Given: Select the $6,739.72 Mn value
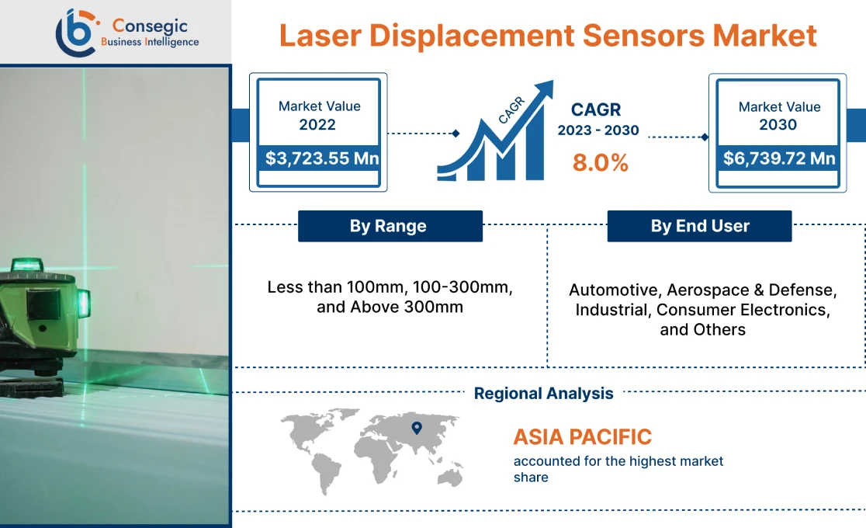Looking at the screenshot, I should point(778,158).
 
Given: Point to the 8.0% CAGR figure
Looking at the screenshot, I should point(600,163).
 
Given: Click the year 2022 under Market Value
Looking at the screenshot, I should point(318,124).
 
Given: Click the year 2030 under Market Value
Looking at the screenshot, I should point(778,124).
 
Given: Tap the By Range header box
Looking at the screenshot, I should point(390,226).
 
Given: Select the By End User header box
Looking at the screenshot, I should point(699,226).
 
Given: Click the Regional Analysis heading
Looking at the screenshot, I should point(543,394).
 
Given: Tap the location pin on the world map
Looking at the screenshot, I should point(417,427).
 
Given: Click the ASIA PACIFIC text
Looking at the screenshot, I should point(582,436).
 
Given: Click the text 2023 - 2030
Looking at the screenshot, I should point(598,130).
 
